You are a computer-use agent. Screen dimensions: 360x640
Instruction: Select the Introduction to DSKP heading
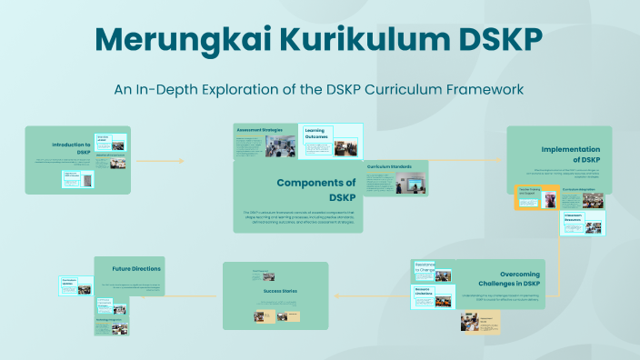[71, 148]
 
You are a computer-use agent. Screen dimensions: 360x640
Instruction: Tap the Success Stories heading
[275, 291]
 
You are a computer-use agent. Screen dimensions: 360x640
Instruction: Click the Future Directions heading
[136, 269]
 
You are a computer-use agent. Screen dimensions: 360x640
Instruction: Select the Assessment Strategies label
[259, 131]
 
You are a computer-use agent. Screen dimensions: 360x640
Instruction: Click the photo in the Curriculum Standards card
[414, 183]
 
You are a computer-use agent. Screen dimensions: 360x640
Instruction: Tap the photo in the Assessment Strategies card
[280, 147]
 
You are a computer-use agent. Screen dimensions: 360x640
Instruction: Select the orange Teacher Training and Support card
[536, 199]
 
